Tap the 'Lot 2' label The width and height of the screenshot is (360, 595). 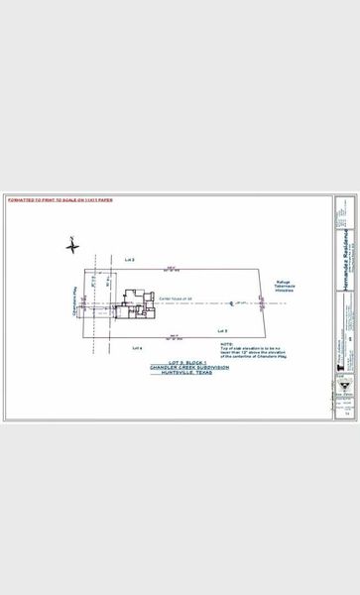(x=129, y=259)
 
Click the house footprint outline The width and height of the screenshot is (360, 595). (x=135, y=305)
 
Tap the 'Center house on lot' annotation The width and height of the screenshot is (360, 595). (x=176, y=297)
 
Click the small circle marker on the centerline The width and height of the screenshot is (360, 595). (x=230, y=302)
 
